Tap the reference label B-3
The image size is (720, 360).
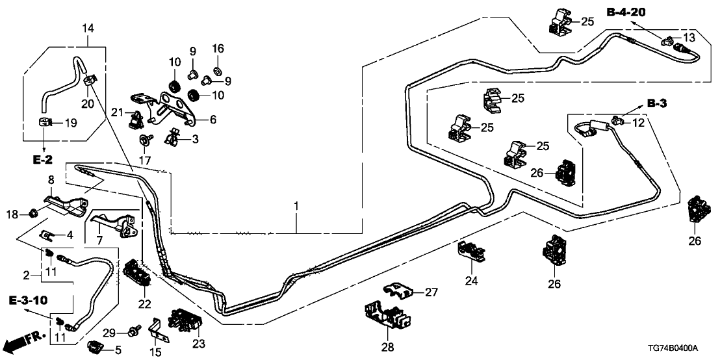point(658,103)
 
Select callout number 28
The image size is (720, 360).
point(387,348)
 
